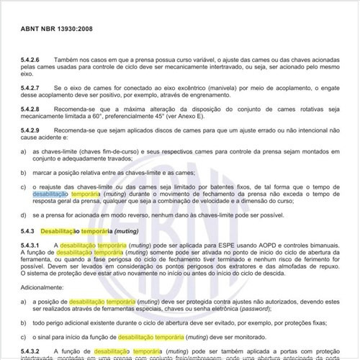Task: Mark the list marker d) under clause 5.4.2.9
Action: (23, 214)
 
